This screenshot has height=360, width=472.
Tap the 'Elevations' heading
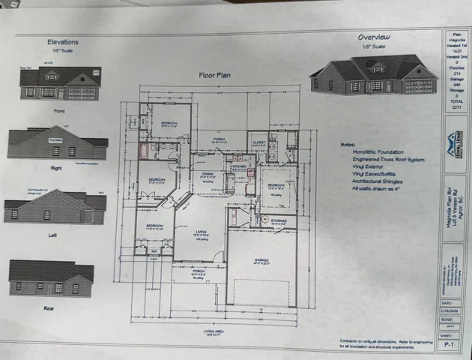(62, 43)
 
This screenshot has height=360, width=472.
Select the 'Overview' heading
(372, 36)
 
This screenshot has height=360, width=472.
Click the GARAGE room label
(261, 261)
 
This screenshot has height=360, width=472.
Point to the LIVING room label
(200, 231)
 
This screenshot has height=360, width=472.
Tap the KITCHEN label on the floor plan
(239, 168)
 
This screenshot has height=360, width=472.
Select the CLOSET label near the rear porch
(258, 139)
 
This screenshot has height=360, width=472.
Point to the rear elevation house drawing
(51, 278)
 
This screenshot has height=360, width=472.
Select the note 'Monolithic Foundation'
(373, 151)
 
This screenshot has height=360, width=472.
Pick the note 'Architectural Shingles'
(377, 180)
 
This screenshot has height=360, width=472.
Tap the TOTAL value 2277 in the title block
(457, 107)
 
